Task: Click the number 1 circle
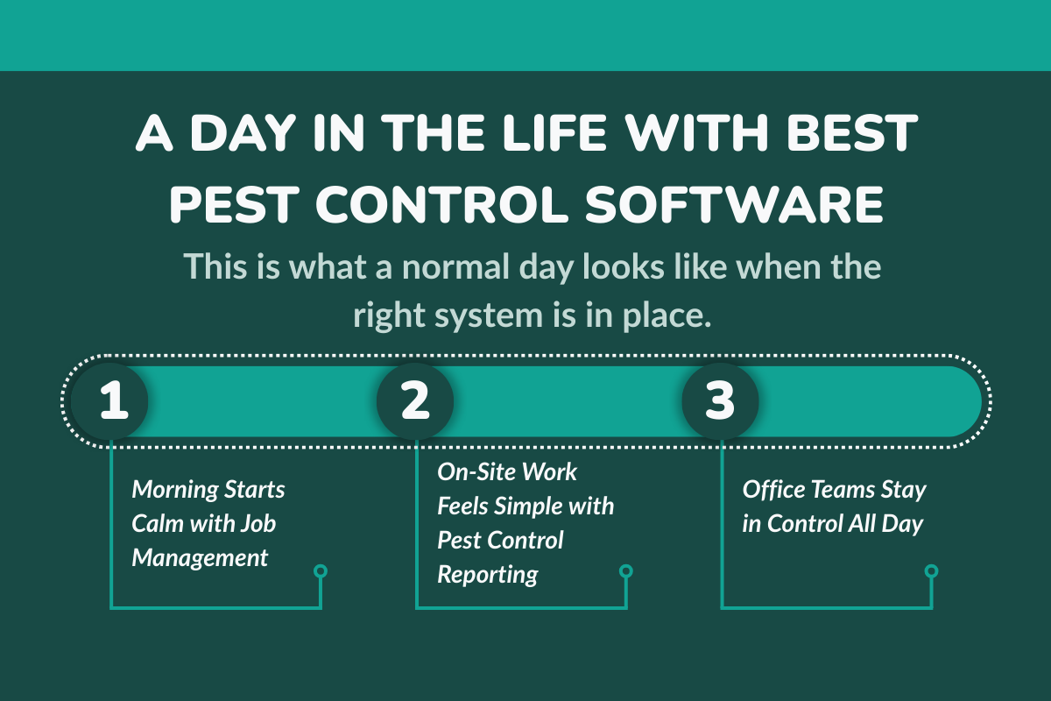click(x=110, y=401)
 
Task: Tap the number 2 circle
click(x=415, y=401)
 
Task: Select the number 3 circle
click(x=720, y=401)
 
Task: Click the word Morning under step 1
click(x=177, y=489)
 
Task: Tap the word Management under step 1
click(x=200, y=557)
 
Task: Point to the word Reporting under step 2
click(x=488, y=575)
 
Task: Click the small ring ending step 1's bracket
click(x=321, y=571)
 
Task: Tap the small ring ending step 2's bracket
click(x=626, y=571)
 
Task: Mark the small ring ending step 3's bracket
click(x=931, y=571)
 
